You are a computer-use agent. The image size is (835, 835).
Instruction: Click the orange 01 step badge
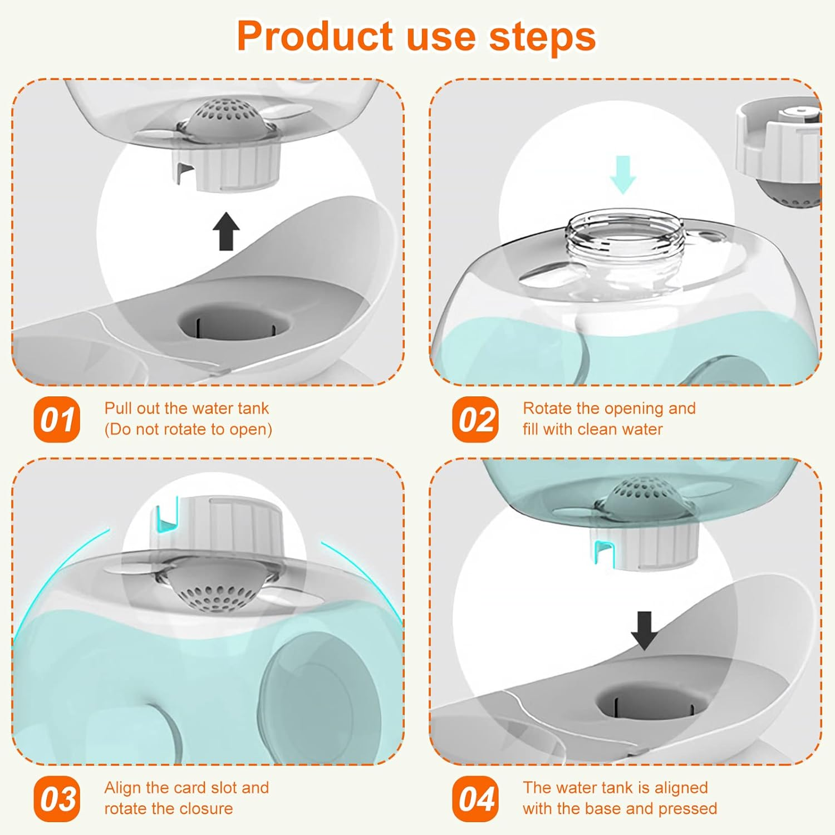(x=57, y=420)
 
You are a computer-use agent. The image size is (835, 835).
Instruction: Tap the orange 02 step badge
(x=475, y=420)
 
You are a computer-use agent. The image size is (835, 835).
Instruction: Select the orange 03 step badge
(x=57, y=799)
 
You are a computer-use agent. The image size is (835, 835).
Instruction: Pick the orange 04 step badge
(x=475, y=799)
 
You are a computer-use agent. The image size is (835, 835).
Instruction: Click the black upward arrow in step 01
(x=226, y=231)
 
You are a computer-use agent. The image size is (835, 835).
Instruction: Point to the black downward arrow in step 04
(x=644, y=630)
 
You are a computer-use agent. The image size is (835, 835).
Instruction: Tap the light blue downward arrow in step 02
(x=623, y=174)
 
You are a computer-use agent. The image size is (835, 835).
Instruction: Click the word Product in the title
(x=315, y=37)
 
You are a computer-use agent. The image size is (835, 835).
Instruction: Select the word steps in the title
(x=542, y=37)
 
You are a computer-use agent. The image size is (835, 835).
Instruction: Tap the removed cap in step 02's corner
(x=779, y=150)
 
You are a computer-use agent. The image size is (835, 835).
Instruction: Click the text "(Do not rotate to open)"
(x=188, y=430)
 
